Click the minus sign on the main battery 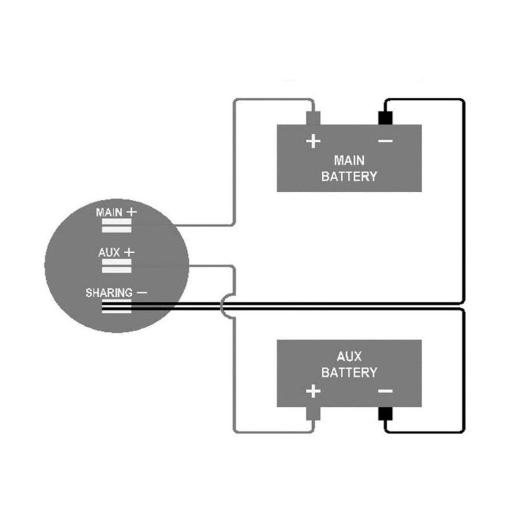[386, 141]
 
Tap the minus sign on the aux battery [386, 392]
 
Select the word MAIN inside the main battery [349, 160]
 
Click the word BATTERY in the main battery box [349, 176]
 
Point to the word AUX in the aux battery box [349, 356]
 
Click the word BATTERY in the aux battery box [349, 372]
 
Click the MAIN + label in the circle [116, 212]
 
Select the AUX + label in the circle [116, 252]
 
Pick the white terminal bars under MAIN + [116, 227]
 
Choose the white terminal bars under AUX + [116, 266]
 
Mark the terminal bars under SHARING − [116, 306]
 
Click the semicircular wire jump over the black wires [225, 306]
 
